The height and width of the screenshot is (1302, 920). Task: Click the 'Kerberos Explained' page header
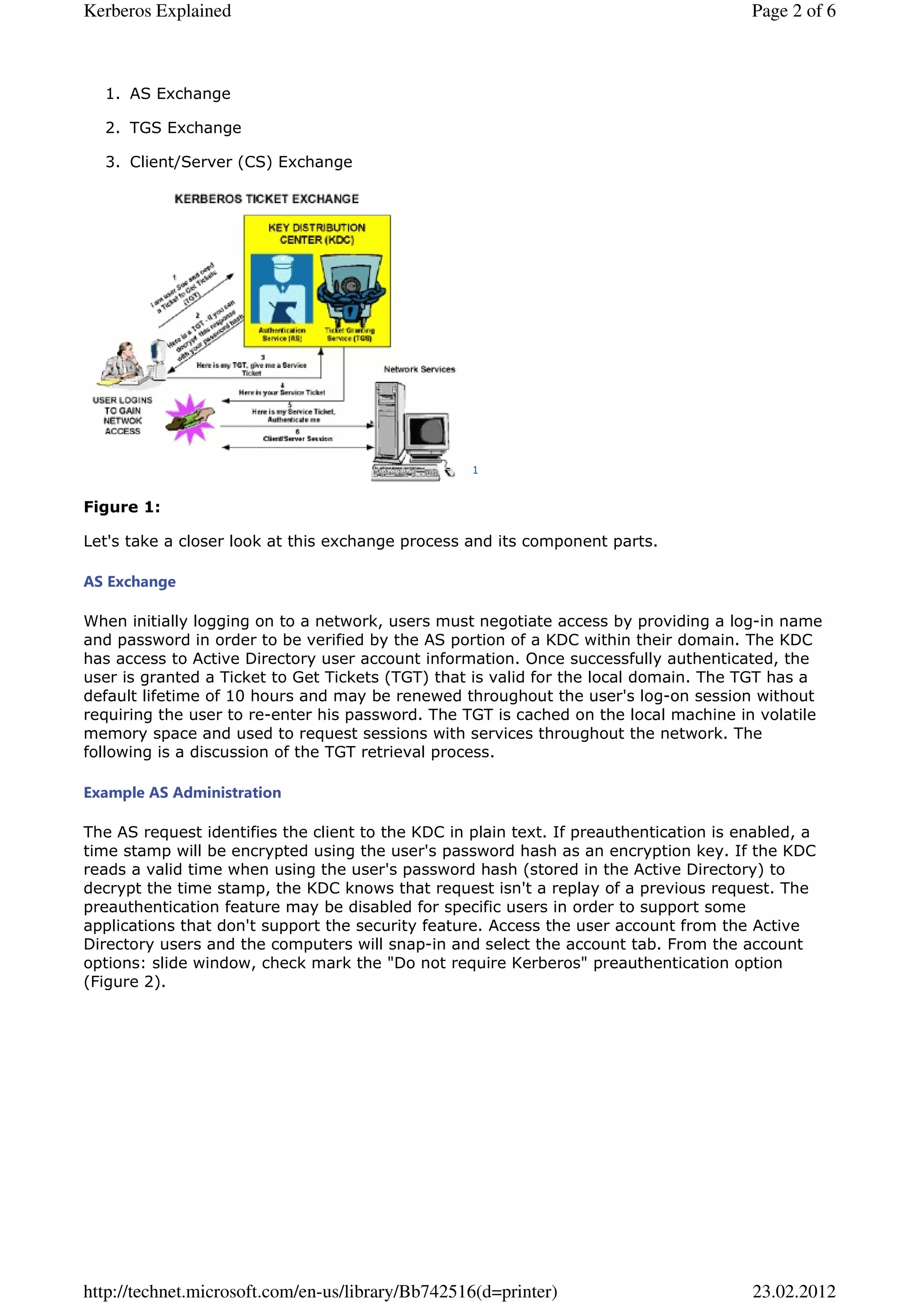coord(157,11)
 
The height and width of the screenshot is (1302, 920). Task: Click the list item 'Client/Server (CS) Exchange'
coord(240,162)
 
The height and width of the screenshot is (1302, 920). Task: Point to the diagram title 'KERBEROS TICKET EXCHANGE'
coord(266,199)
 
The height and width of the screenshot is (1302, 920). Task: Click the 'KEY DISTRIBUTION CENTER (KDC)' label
coord(317,234)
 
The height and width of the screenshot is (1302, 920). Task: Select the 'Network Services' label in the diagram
coord(419,369)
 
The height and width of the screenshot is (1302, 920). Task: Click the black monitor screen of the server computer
coord(428,432)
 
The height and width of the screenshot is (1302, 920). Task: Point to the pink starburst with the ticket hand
coord(190,420)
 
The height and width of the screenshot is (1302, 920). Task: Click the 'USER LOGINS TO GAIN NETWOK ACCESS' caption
coord(123,416)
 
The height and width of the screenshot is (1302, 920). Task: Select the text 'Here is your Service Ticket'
coord(282,392)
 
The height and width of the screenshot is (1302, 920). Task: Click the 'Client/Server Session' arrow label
coord(297,439)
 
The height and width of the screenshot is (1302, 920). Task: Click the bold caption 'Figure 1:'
coord(122,507)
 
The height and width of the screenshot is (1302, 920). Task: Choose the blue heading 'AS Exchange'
coord(129,582)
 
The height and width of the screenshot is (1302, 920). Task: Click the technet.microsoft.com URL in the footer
coord(320,1291)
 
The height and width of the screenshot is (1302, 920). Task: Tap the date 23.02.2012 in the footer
coord(794,1291)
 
